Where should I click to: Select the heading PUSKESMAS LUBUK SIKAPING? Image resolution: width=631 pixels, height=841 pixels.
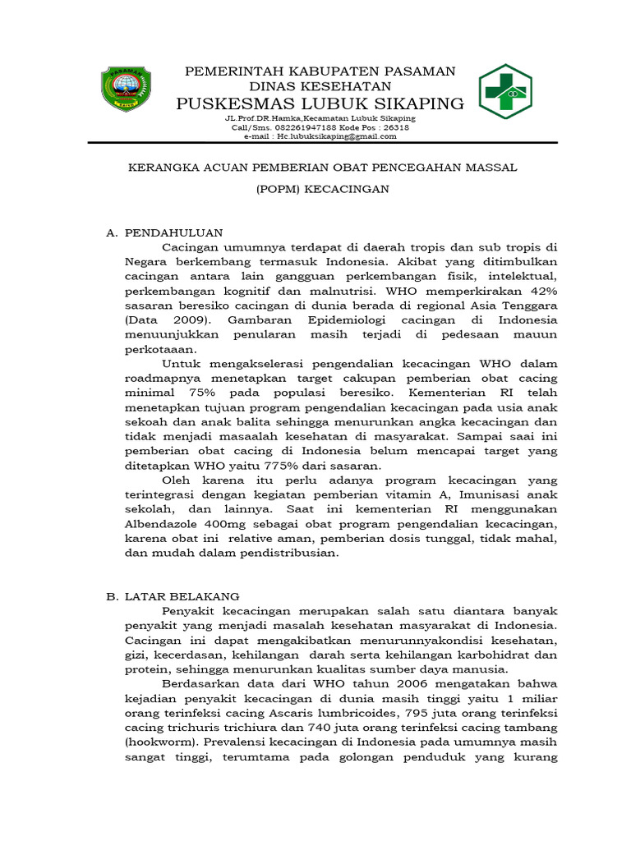[321, 103]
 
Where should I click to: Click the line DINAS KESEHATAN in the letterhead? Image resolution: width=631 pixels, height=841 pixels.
[320, 86]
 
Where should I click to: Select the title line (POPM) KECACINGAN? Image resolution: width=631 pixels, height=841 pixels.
[321, 189]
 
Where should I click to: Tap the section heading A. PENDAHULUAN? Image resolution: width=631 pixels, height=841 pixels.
[164, 233]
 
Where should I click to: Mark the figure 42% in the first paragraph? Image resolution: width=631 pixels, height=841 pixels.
[541, 291]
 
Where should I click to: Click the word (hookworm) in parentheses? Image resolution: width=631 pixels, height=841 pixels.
[158, 742]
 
